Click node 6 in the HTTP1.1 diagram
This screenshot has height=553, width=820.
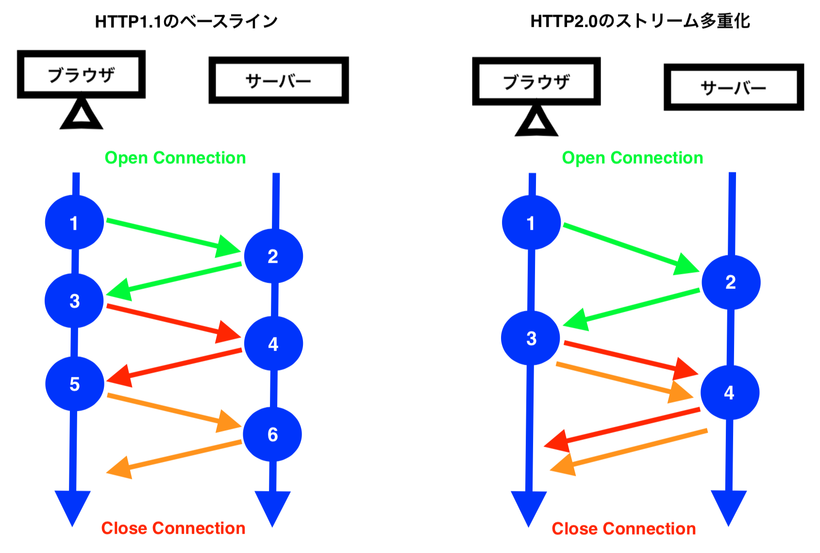pyautogui.click(x=272, y=434)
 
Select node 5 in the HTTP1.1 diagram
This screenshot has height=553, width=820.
pyautogui.click(x=74, y=384)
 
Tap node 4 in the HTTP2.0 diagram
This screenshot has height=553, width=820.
pyautogui.click(x=729, y=392)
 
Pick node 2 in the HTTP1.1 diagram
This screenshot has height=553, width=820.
pyautogui.click(x=273, y=256)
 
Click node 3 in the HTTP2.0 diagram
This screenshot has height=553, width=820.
pyautogui.click(x=531, y=338)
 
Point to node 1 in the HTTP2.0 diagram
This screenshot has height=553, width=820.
pyautogui.click(x=531, y=223)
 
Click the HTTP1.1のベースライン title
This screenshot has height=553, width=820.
pyautogui.click(x=186, y=21)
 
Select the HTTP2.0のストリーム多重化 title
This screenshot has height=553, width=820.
pyautogui.click(x=640, y=21)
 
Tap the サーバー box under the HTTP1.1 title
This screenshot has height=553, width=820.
pyautogui.click(x=278, y=80)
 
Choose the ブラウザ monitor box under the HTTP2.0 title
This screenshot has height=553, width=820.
pyautogui.click(x=536, y=82)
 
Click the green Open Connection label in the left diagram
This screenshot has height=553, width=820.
pyautogui.click(x=175, y=158)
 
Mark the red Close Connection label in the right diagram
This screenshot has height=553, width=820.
pyautogui.click(x=623, y=528)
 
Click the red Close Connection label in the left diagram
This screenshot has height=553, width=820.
pyautogui.click(x=173, y=528)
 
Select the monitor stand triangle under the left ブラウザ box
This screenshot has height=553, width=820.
pyautogui.click(x=81, y=115)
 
